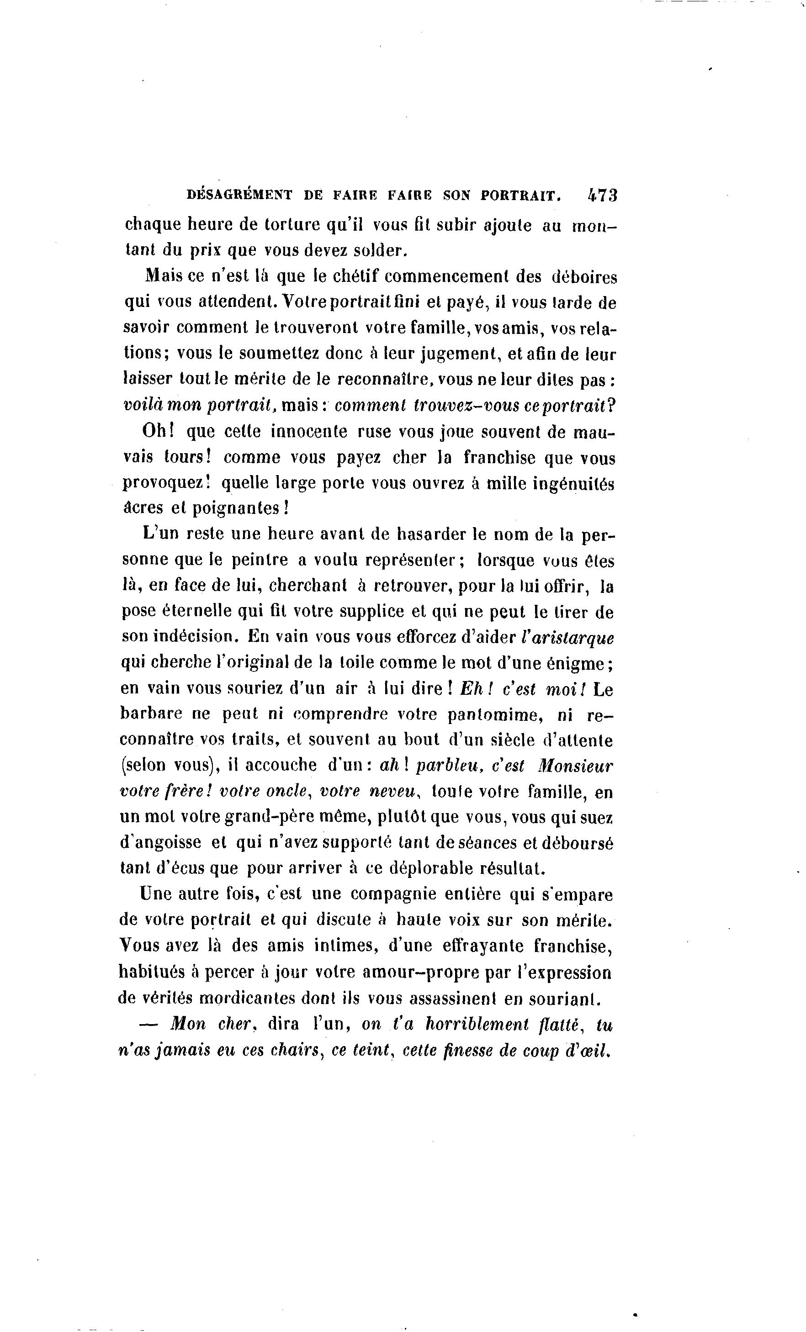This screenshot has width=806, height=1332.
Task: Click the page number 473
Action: [602, 195]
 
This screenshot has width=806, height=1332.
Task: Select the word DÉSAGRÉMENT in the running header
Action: [239, 195]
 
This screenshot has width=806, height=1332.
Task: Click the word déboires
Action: [584, 276]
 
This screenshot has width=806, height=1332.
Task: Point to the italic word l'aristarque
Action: [567, 637]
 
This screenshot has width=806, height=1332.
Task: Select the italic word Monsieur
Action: [576, 766]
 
